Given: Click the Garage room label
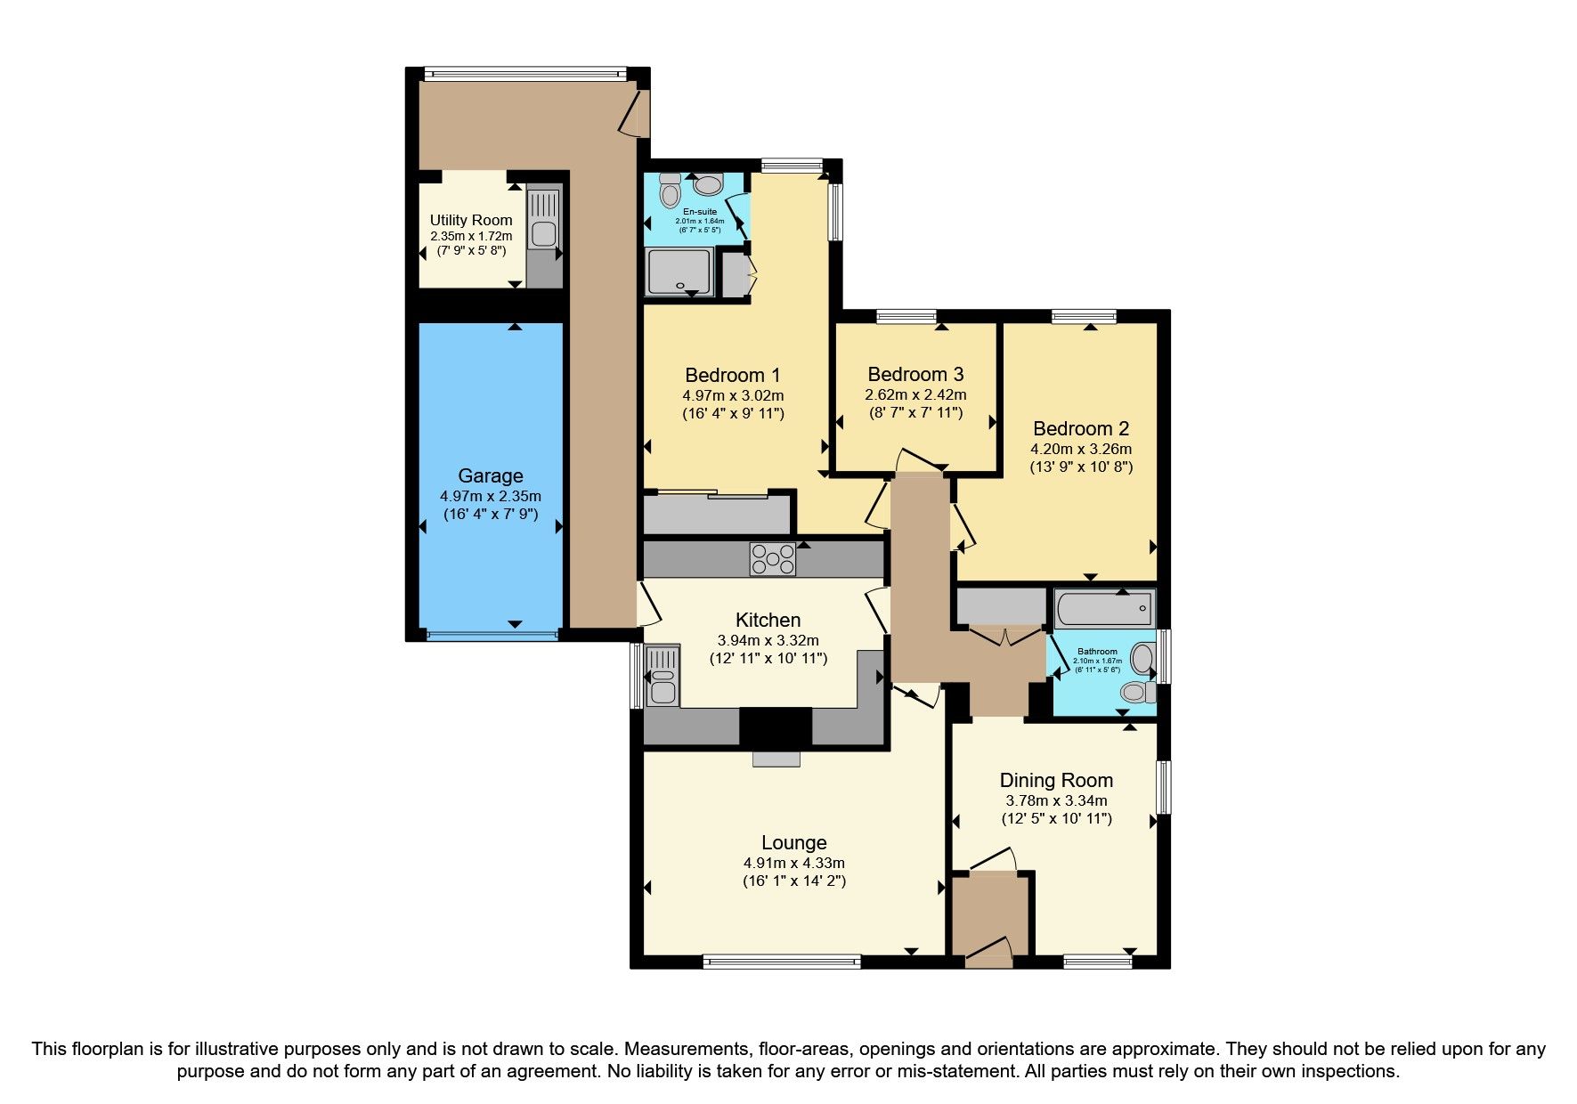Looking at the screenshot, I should click(x=490, y=476).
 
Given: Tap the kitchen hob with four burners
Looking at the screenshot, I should click(x=772, y=559).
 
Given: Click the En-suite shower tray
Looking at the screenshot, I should click(x=679, y=272).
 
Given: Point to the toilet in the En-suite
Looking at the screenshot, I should click(x=670, y=190).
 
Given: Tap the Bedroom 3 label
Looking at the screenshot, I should click(x=915, y=374).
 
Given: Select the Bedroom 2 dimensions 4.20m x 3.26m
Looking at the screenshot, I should click(x=1081, y=449).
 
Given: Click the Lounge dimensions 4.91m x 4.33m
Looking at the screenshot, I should click(x=793, y=863).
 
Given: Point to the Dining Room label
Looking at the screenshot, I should click(x=1056, y=781).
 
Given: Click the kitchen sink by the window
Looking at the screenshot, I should click(x=662, y=677).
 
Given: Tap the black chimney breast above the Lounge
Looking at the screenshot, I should click(x=776, y=727).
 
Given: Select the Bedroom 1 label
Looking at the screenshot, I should click(x=733, y=375).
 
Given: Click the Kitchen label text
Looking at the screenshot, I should click(x=768, y=620).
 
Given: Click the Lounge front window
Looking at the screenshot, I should click(x=781, y=961).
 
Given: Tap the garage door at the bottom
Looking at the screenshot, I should click(x=492, y=635).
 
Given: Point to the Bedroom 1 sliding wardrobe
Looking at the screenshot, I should click(x=718, y=514).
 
